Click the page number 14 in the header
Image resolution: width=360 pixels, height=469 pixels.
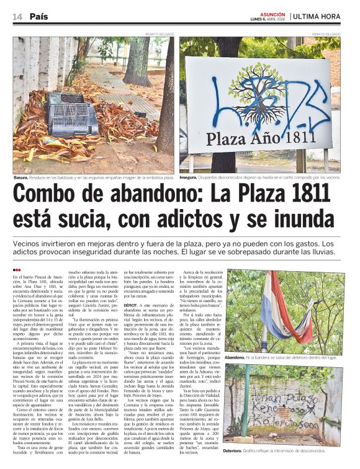(17, 16)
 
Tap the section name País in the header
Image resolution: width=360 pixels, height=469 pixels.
(38, 16)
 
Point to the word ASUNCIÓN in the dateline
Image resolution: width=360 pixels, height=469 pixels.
(272, 13)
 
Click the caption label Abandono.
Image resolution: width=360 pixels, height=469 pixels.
(236, 357)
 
